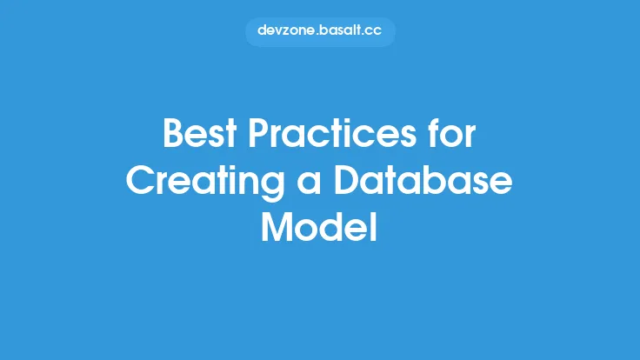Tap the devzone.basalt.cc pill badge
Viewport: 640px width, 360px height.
click(320, 30)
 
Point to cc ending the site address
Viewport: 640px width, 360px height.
click(374, 30)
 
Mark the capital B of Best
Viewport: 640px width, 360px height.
click(174, 136)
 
